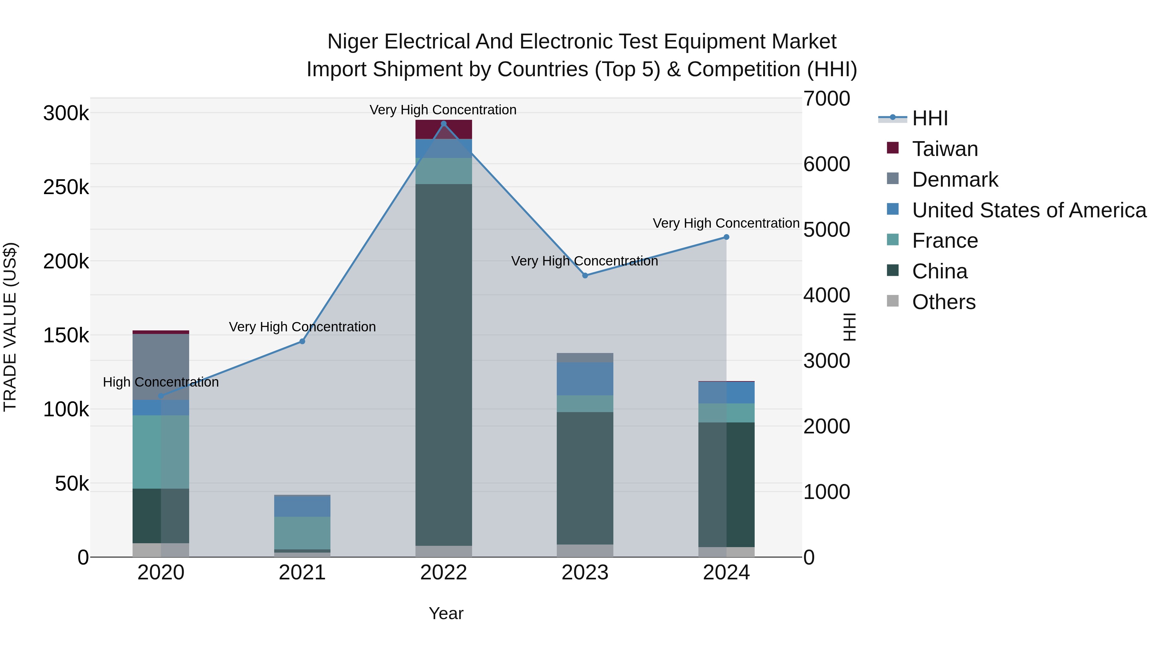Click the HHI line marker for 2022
click(443, 124)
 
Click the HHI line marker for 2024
click(726, 237)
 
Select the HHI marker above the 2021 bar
click(302, 341)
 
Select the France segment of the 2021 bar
click(302, 533)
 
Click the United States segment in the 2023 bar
click(585, 379)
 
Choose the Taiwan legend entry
click(944, 149)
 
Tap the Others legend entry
click(943, 302)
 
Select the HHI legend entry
click(930, 118)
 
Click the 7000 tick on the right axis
click(826, 99)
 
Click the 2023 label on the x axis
click(585, 573)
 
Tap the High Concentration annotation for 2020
click(161, 382)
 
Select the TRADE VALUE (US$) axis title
click(10, 327)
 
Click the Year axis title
click(446, 613)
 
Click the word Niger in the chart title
click(352, 42)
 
